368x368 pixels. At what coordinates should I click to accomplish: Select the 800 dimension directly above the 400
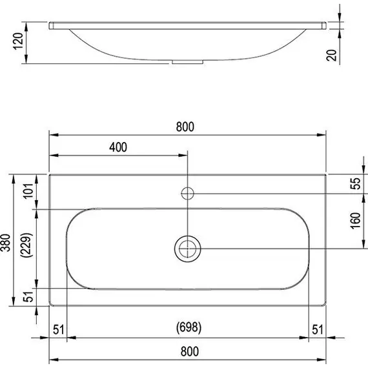[185, 127]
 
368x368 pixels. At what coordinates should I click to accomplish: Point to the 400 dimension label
[118, 147]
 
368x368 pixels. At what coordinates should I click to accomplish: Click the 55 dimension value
[354, 183]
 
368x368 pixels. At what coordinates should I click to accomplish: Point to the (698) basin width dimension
[188, 329]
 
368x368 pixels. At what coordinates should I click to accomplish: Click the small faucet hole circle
[188, 192]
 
